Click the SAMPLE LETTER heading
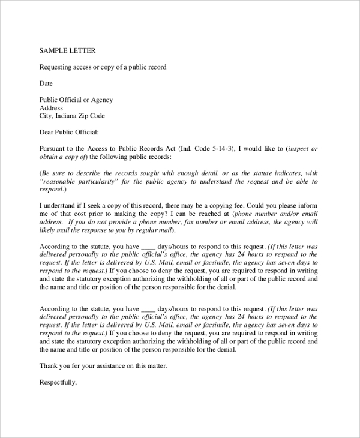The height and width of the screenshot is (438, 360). click(x=67, y=50)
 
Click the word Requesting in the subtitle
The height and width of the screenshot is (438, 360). click(x=56, y=67)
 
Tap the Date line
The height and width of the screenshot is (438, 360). click(x=46, y=83)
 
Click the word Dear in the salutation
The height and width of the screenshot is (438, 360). click(x=47, y=132)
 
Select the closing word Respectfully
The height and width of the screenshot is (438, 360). click(x=58, y=382)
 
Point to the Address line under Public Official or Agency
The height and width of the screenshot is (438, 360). click(x=51, y=108)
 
